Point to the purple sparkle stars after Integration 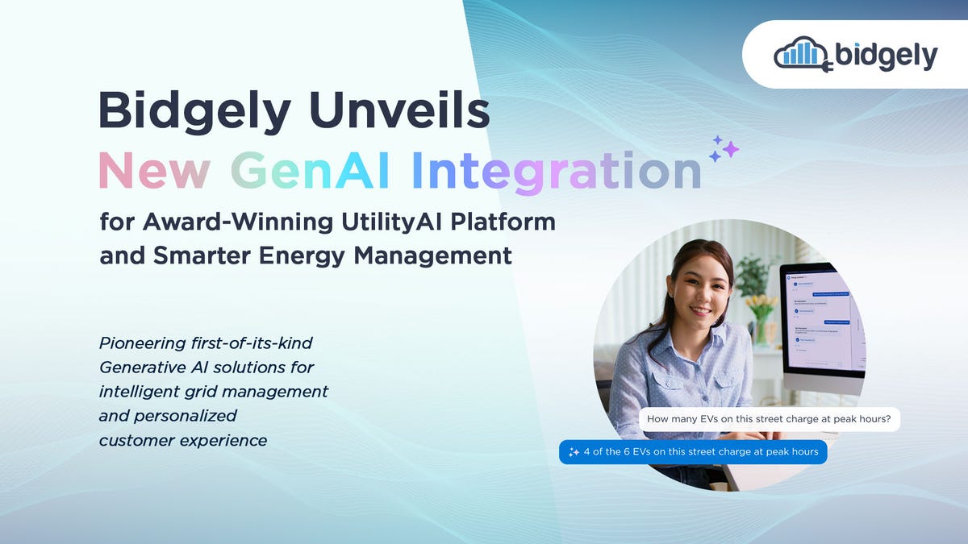pos(724,148)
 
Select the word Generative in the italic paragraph pos(144,368)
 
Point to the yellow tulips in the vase pos(760,307)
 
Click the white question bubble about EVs pos(770,419)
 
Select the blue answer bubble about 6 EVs pos(693,451)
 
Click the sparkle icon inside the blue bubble pos(574,452)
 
